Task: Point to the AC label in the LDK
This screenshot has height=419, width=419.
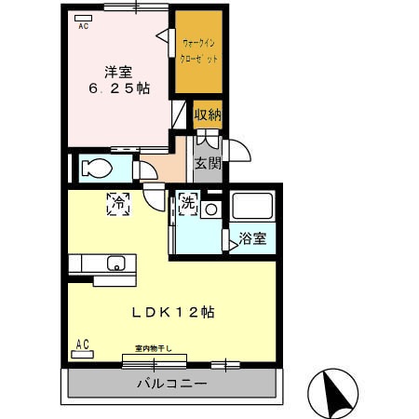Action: click(x=82, y=345)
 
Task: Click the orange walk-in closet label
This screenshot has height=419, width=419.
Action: click(x=200, y=50)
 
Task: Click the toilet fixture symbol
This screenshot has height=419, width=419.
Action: click(x=96, y=169)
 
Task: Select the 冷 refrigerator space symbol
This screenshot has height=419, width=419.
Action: click(x=118, y=202)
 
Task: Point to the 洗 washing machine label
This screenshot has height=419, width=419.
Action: click(x=187, y=201)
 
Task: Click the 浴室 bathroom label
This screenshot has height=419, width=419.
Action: click(x=252, y=238)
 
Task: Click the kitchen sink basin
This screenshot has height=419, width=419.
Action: click(x=116, y=262)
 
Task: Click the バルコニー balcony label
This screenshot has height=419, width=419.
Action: click(x=172, y=384)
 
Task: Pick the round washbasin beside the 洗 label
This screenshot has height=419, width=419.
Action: click(x=211, y=210)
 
